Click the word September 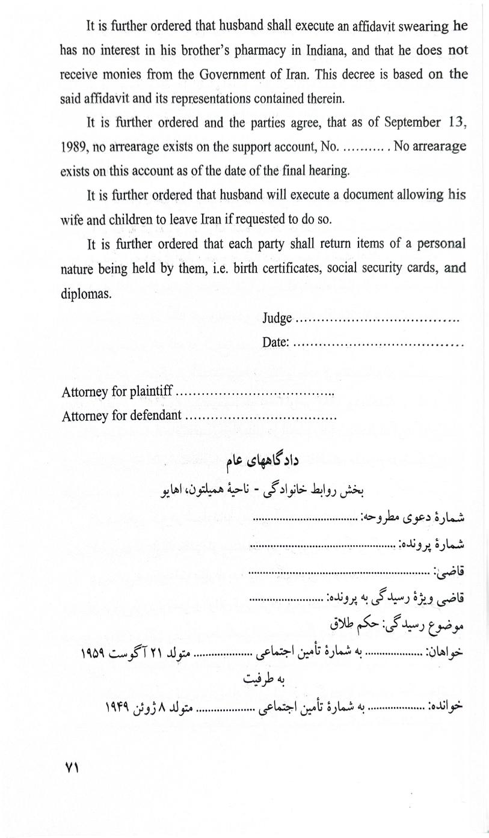[407, 123]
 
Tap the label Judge [277, 318]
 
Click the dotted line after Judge [379, 319]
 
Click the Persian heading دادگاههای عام [262, 461]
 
